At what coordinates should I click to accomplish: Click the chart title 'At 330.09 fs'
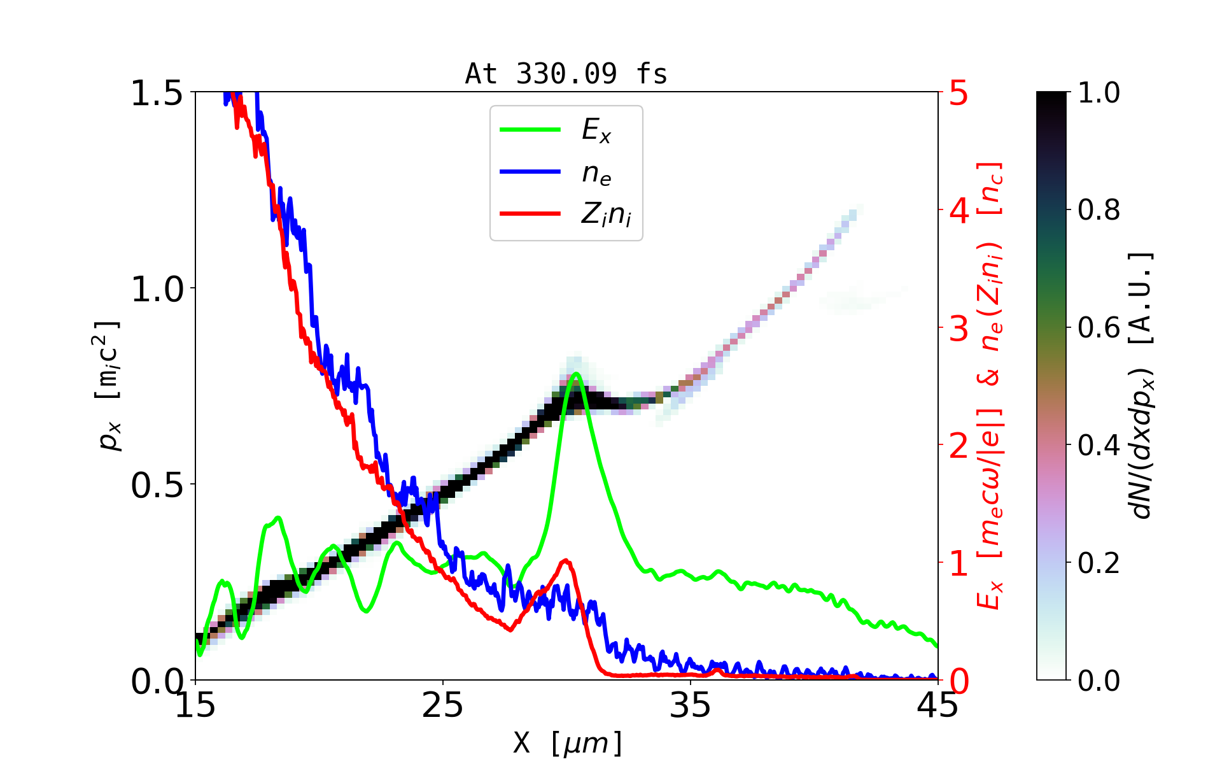566,74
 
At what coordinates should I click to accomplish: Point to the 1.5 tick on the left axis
157,94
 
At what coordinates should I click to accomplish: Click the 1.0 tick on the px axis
157,290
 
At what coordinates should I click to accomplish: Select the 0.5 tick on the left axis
157,486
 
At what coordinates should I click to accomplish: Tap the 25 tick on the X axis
443,706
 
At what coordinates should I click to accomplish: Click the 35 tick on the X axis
691,706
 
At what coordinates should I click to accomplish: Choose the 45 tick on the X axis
938,706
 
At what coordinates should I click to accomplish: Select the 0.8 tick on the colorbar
1099,210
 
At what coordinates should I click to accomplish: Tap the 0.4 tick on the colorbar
1099,446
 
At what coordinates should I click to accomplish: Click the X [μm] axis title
567,742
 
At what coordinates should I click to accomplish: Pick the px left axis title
108,386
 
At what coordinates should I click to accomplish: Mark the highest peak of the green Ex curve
576,374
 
